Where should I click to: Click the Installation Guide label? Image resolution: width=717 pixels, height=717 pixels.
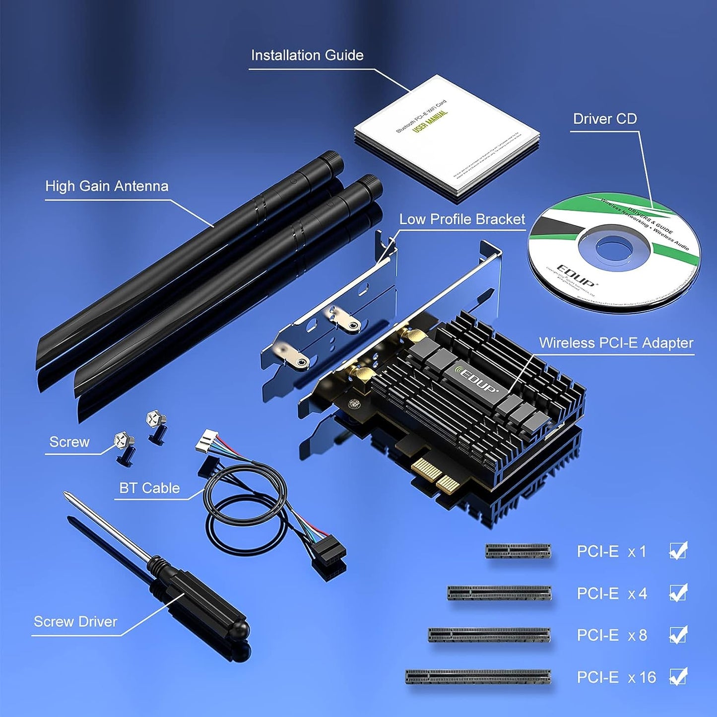[307, 56]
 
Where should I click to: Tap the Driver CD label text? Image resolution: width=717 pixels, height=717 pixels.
[604, 119]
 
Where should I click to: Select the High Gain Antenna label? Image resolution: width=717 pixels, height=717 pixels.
[107, 186]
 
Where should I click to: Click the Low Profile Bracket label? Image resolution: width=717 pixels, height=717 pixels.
[462, 219]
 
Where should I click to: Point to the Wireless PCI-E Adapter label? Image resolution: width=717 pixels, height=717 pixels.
[616, 343]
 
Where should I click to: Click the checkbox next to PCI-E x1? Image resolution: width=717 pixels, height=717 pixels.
[678, 551]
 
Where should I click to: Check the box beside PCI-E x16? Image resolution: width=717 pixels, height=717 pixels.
[678, 676]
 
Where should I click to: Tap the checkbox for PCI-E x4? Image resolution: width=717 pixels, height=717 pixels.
[678, 593]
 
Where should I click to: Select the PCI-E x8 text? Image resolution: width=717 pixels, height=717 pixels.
[611, 635]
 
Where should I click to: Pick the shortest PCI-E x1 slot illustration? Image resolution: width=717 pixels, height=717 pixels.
[518, 551]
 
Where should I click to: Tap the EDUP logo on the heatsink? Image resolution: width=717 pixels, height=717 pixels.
[477, 380]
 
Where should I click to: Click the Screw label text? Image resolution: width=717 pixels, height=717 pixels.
[69, 442]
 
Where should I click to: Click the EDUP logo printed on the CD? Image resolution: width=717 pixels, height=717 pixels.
[577, 276]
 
